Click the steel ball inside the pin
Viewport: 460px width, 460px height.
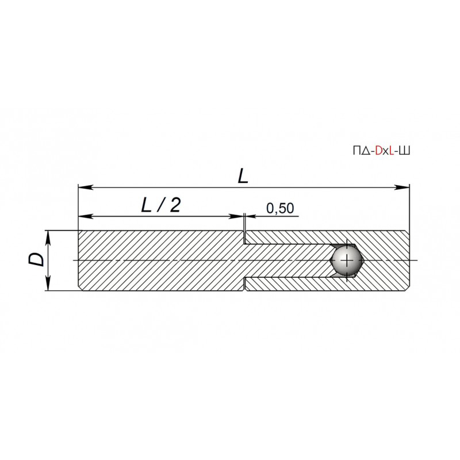347,260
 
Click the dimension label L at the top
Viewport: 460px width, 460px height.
243,177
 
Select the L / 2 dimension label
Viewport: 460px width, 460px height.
161,205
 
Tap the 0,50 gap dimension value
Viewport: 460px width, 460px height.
280,208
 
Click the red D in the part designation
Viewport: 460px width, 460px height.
378,151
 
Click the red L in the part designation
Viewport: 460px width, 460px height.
392,151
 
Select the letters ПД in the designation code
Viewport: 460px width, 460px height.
362,151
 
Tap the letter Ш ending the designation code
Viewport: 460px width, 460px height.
405,151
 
